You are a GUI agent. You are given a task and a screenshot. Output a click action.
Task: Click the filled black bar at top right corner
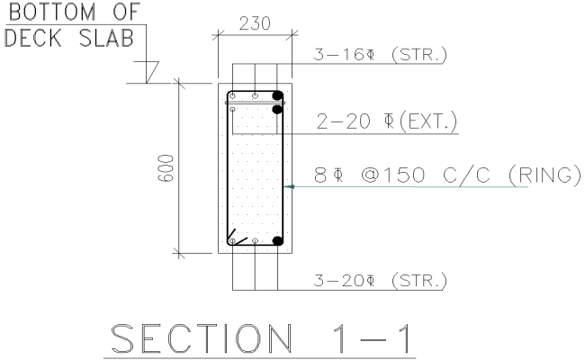click(x=278, y=94)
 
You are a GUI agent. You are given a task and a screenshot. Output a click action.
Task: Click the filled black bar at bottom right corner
click(x=278, y=241)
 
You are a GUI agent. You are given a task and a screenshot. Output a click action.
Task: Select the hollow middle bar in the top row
click(x=255, y=94)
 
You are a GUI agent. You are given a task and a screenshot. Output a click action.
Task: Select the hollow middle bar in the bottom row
click(x=255, y=242)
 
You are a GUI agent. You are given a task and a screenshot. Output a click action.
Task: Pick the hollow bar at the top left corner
click(x=232, y=95)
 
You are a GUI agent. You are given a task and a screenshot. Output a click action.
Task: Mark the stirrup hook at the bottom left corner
click(x=236, y=238)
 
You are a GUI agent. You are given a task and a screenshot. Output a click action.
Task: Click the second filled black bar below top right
click(x=278, y=110)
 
